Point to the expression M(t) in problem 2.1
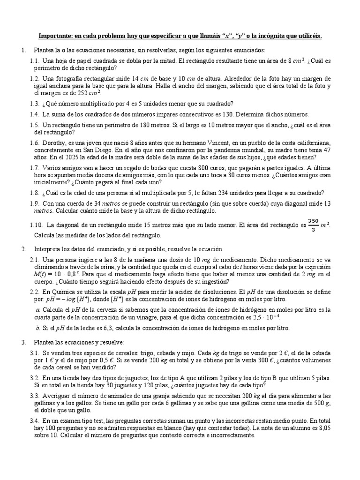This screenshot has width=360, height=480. pyautogui.click(x=40, y=274)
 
